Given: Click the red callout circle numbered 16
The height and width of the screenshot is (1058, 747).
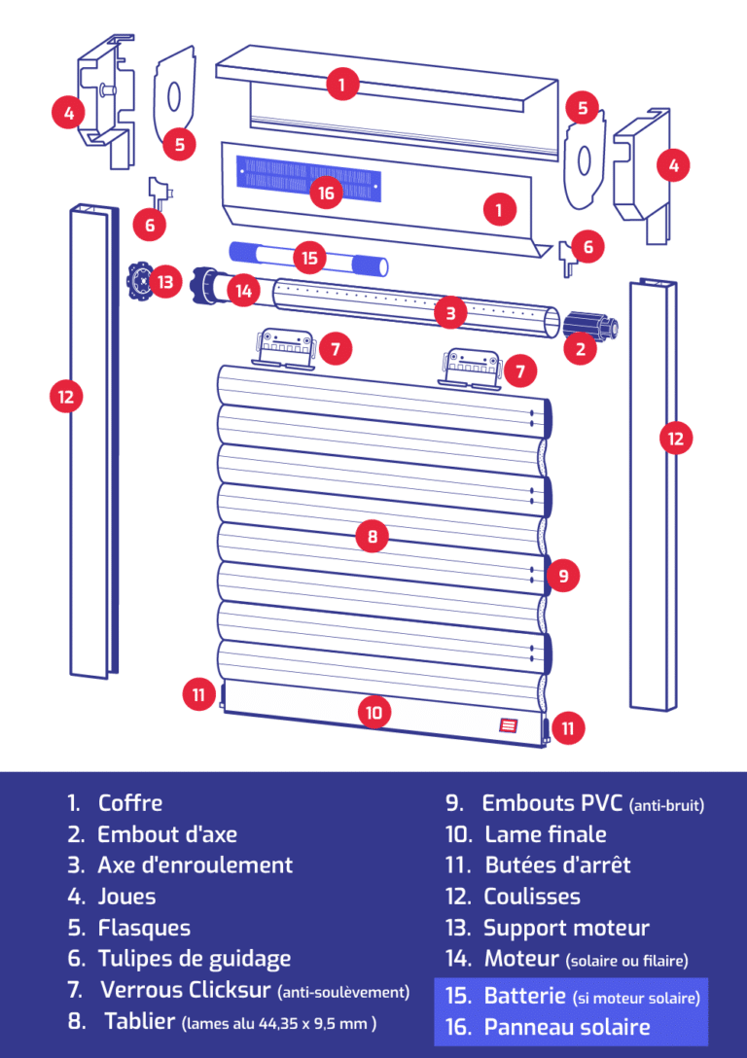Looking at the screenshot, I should pyautogui.click(x=326, y=193).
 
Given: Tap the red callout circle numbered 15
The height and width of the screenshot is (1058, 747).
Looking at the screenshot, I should pyautogui.click(x=309, y=258).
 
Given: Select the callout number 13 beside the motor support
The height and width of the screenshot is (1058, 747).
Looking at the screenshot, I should pyautogui.click(x=166, y=283).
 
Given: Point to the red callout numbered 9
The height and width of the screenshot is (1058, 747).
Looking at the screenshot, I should pyautogui.click(x=563, y=576).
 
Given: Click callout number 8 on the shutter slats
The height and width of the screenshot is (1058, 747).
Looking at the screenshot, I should pyautogui.click(x=373, y=534).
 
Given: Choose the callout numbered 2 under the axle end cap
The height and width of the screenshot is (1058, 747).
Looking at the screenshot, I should pyautogui.click(x=581, y=348).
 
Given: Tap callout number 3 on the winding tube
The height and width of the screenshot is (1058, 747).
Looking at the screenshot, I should pyautogui.click(x=450, y=312).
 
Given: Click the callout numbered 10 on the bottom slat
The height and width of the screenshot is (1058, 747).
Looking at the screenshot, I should pyautogui.click(x=374, y=712).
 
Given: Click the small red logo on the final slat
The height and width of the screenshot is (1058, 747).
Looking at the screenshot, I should pyautogui.click(x=508, y=724).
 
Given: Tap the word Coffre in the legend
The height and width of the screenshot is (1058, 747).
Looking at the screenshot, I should pyautogui.click(x=130, y=803).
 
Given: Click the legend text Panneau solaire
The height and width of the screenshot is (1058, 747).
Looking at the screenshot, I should pyautogui.click(x=567, y=1027).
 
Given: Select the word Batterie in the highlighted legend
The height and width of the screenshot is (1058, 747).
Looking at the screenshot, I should pyautogui.click(x=525, y=996).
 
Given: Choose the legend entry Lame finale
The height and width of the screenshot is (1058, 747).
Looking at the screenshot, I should pyautogui.click(x=546, y=834).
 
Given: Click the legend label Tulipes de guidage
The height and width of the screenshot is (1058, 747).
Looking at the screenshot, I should pyautogui.click(x=194, y=959).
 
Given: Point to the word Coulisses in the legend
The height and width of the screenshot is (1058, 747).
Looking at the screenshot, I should pyautogui.click(x=532, y=897).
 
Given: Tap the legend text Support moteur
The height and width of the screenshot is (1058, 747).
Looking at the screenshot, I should pyautogui.click(x=566, y=928).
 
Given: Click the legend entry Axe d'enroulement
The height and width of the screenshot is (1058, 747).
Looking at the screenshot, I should pyautogui.click(x=195, y=865).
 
